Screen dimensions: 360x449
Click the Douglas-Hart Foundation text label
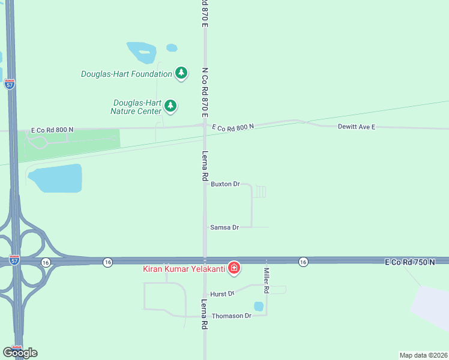[127, 74]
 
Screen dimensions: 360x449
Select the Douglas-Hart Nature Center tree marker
[171, 106]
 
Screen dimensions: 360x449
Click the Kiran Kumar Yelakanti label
[184, 268]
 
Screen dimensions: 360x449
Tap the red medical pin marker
[234, 268]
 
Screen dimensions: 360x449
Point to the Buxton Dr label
[225, 184]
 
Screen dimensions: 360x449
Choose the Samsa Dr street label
[224, 227]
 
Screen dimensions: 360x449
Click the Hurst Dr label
[221, 294]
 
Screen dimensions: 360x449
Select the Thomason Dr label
[231, 316]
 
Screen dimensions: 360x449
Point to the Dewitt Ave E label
[356, 127]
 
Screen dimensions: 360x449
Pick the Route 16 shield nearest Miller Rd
[303, 262]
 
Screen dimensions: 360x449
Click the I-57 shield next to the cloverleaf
[14, 260]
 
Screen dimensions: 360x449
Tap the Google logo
[20, 353]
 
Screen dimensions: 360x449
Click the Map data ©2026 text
[423, 355]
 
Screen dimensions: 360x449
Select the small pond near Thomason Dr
[259, 306]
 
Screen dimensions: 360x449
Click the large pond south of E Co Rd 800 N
[55, 178]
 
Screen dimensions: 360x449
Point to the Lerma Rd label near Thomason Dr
[204, 314]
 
